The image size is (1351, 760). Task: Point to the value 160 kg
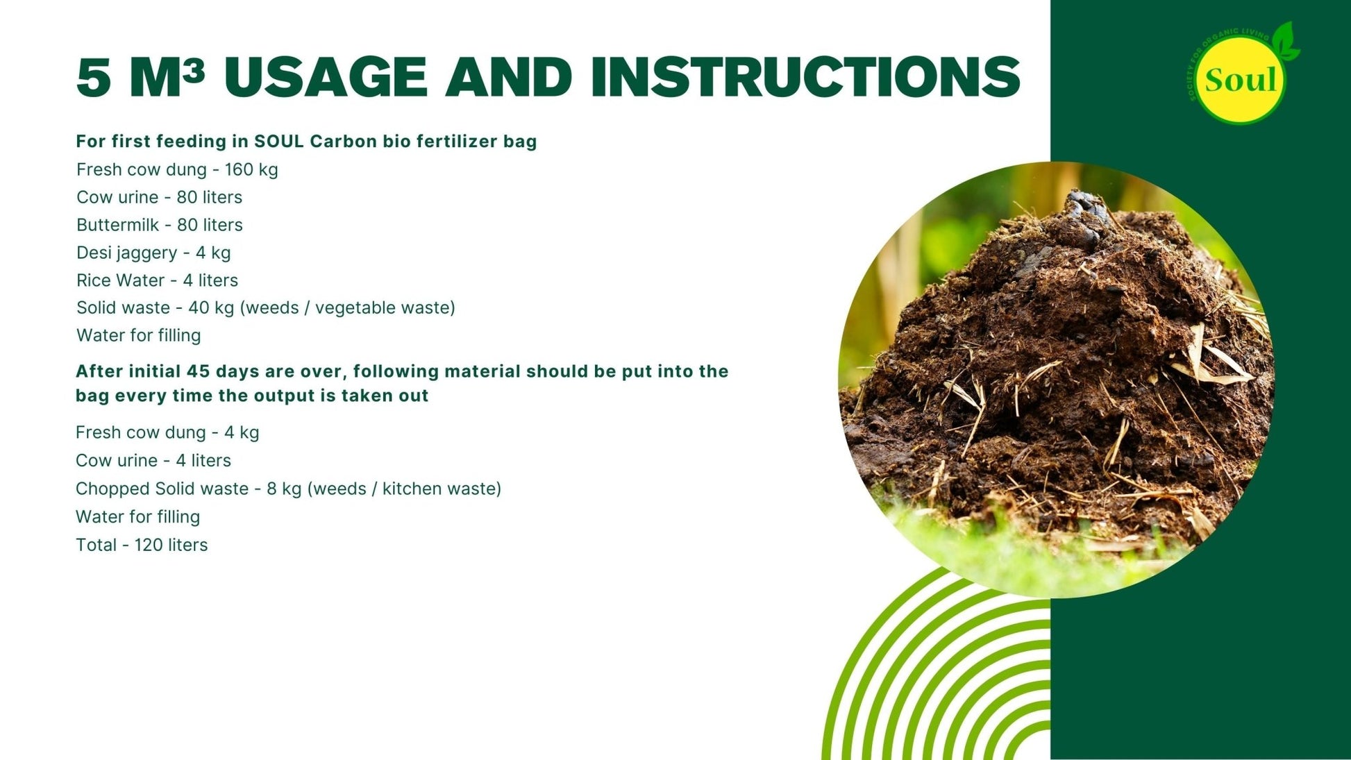click(x=251, y=170)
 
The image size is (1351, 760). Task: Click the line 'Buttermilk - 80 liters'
click(x=160, y=225)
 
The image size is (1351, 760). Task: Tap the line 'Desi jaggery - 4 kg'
click(x=153, y=253)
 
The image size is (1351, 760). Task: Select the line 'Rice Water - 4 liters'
click(x=157, y=280)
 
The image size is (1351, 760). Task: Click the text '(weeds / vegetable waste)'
click(x=348, y=307)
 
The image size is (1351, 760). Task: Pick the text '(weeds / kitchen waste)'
click(x=404, y=489)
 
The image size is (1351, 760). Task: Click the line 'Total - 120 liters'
click(x=142, y=545)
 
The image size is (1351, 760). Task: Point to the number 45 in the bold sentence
click(x=198, y=371)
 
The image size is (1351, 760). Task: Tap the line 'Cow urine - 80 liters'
click(x=159, y=197)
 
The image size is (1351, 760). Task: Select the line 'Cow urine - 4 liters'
click(x=153, y=460)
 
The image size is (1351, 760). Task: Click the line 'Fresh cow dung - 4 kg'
click(x=167, y=432)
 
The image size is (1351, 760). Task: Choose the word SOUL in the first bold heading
click(x=279, y=142)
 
